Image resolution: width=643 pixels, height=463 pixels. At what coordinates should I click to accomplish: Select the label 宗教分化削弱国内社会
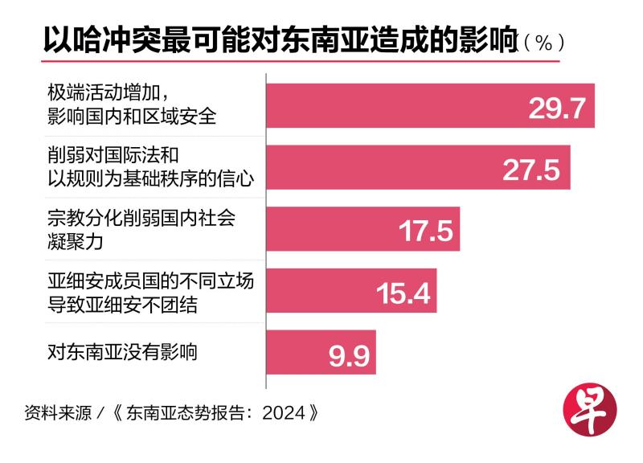(x=141, y=219)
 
